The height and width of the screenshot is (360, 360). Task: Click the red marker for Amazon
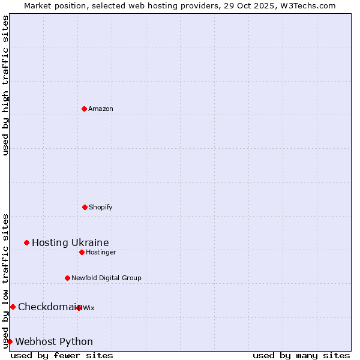(x=84, y=109)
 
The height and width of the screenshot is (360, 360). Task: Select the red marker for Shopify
(x=85, y=207)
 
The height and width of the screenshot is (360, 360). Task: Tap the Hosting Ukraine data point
(x=26, y=242)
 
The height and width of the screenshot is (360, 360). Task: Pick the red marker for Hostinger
(x=82, y=252)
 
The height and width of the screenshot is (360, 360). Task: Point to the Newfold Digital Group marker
(x=67, y=278)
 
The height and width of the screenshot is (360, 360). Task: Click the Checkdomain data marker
(x=13, y=307)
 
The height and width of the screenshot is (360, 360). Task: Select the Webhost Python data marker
(x=10, y=341)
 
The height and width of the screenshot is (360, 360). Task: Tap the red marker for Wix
(x=79, y=308)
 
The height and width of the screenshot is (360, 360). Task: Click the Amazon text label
(x=101, y=109)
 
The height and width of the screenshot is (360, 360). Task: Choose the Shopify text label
(x=101, y=207)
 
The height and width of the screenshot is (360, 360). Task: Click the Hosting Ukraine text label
(x=70, y=242)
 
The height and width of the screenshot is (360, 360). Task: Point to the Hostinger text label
(x=101, y=252)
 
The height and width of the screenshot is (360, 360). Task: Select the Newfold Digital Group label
(x=106, y=278)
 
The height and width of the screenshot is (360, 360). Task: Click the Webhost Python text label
(x=54, y=341)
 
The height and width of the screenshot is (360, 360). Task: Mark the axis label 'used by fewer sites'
(x=62, y=355)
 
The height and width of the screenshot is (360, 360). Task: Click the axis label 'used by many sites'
(x=301, y=355)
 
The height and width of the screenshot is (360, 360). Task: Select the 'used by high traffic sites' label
(x=5, y=85)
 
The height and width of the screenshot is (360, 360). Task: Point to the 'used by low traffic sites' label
(x=5, y=281)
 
